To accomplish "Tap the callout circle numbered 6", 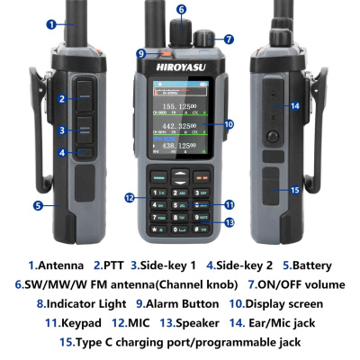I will click(181, 10).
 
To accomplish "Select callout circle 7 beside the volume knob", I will click(229, 40).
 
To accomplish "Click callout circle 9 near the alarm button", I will click(141, 53).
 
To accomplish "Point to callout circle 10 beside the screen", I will click(229, 124).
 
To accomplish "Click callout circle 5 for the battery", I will click(39, 205).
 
